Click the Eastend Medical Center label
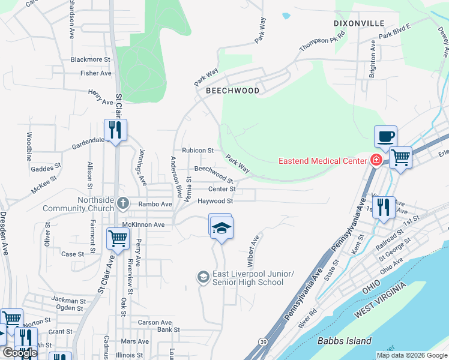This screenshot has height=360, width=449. click(322, 161)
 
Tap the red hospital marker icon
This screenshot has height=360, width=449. click(376, 160)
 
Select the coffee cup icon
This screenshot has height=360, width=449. click(385, 136)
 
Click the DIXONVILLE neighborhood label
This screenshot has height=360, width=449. click(359, 23)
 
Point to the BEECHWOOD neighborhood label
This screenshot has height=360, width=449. click(232, 91)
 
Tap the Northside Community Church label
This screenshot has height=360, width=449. click(79, 205)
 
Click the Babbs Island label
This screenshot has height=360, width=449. click(344, 341)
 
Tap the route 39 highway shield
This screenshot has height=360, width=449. click(264, 341)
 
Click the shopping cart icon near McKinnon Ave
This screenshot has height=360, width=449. click(118, 238)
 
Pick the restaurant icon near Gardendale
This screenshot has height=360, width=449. click(114, 130)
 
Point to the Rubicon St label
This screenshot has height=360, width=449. click(198, 150)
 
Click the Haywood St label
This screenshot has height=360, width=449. click(215, 201)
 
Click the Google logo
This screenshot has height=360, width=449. click(19, 353)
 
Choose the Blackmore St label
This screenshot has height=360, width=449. click(91, 59)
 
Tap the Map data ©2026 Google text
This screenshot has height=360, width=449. click(412, 355)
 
